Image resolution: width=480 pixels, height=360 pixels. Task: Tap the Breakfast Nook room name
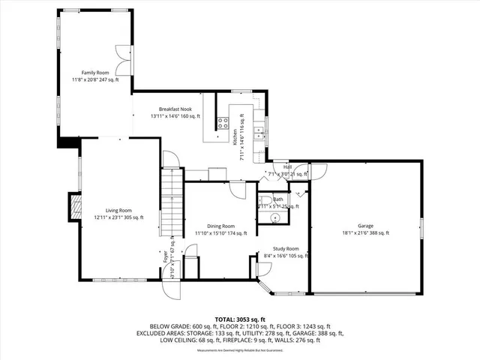click(169, 109)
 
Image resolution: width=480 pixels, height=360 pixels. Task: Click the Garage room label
click(365, 226)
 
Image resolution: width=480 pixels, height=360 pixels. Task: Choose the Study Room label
click(286, 249)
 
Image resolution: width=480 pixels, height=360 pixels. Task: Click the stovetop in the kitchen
click(223, 123)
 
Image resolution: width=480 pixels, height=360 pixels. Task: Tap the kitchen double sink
click(257, 134)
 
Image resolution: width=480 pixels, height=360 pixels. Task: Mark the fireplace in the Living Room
click(74, 207)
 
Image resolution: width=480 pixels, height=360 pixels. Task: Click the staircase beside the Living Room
click(172, 201)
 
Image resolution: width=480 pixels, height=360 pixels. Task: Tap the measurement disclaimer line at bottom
click(239, 350)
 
